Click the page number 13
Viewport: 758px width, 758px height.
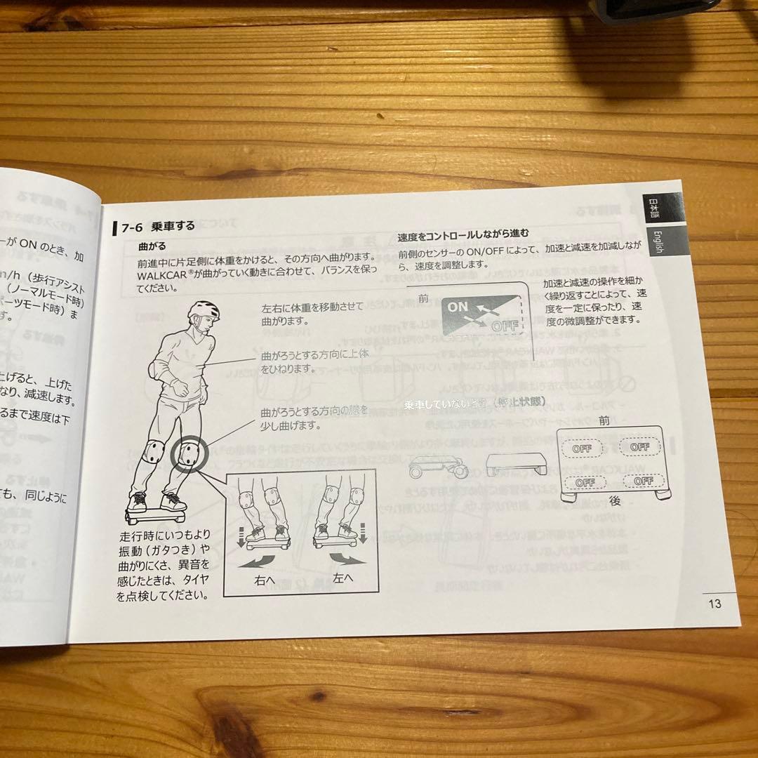pos(714,604)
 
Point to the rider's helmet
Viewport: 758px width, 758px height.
pos(204,311)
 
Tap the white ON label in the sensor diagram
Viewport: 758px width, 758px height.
pos(458,307)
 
